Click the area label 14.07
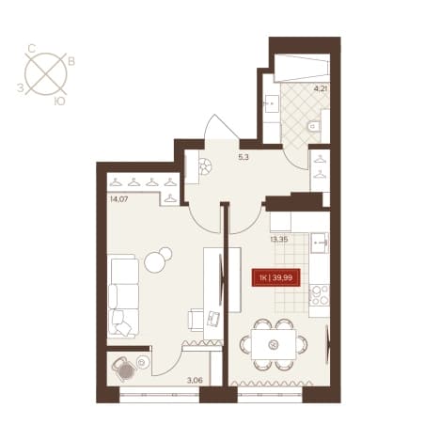tap(118, 198)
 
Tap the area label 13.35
tap(279, 240)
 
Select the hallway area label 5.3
tap(244, 157)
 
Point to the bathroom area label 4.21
tap(321, 88)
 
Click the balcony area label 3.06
tap(195, 381)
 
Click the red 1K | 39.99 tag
tap(276, 277)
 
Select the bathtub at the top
tap(302, 68)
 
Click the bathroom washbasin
tap(272, 103)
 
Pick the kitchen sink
tap(320, 243)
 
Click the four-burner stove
tap(319, 295)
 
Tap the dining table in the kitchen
tap(274, 344)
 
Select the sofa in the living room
tap(123, 296)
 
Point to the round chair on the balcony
tap(125, 369)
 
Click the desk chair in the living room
tap(196, 320)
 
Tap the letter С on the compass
tap(31, 48)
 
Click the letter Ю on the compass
tap(59, 101)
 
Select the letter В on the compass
tap(71, 61)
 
